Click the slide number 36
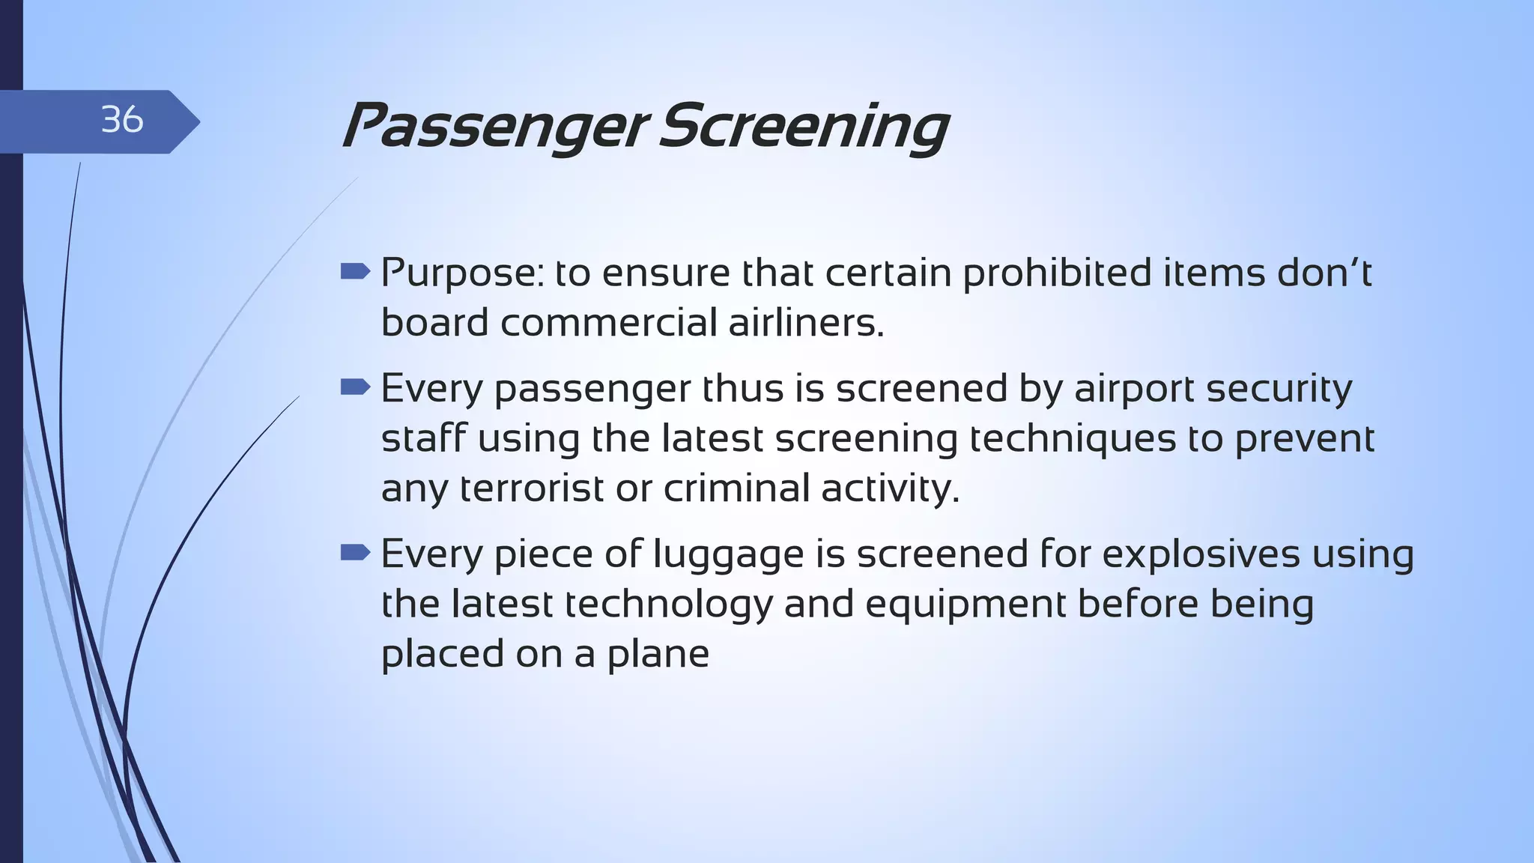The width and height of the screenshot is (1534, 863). [121, 120]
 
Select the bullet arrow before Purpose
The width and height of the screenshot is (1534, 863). [355, 271]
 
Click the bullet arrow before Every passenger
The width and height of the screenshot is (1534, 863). [355, 387]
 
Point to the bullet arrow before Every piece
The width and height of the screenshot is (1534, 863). [355, 553]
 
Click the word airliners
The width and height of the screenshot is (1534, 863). [806, 323]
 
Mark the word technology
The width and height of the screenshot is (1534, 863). [668, 605]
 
